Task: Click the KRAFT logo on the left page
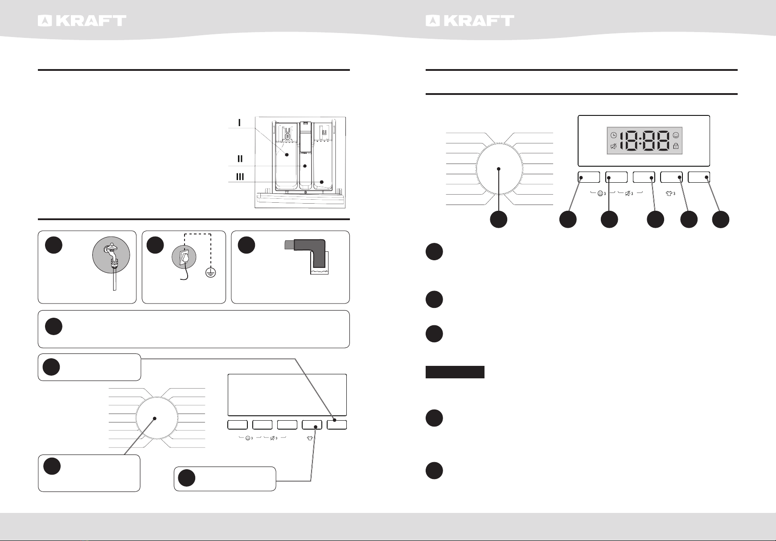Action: (82, 21)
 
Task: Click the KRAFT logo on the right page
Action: (470, 21)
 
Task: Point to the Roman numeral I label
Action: (240, 122)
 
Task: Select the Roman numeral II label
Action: (240, 159)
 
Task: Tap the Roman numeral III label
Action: (240, 177)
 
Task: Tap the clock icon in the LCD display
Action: (614, 135)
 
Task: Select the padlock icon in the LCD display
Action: (676, 146)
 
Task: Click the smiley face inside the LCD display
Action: (676, 135)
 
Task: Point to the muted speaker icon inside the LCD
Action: (614, 146)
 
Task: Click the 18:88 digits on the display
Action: (645, 140)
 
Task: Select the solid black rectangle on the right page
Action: (455, 372)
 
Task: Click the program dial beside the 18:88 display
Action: (499, 169)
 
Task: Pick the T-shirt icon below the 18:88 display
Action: (669, 193)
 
